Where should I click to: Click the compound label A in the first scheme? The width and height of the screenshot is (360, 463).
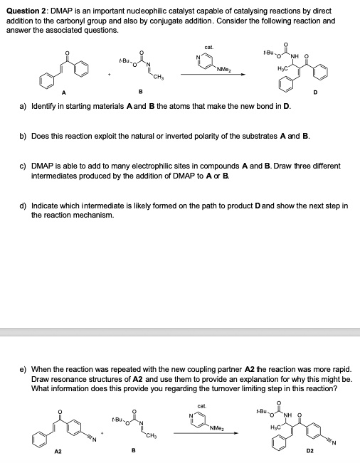(x=44, y=91)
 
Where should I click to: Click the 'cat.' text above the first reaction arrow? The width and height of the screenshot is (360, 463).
(x=208, y=47)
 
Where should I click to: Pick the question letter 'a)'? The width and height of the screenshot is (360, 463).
(x=22, y=105)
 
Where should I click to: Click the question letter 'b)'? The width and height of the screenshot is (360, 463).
(x=22, y=135)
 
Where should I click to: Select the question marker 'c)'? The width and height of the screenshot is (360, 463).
(x=22, y=166)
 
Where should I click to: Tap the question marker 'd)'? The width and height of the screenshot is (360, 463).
(x=22, y=206)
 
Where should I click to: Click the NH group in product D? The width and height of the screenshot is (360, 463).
(x=292, y=58)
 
